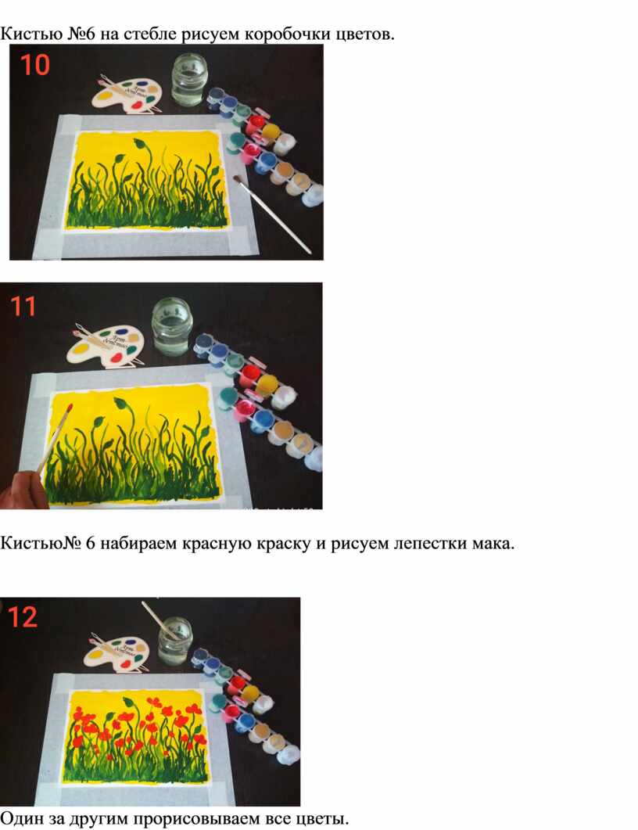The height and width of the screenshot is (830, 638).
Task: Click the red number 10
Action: pos(35,65)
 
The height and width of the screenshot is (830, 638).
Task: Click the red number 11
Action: pos(23,307)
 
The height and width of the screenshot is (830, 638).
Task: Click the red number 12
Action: pos(23,616)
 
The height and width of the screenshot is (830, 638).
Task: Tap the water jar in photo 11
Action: pos(170,326)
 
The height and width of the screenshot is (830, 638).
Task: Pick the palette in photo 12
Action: pos(118,651)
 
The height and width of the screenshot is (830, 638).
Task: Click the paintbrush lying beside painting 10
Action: pos(271,214)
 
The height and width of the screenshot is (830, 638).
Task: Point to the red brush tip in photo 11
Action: pos(70,409)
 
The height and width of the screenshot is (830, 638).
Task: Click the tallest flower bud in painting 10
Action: pos(139,143)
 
